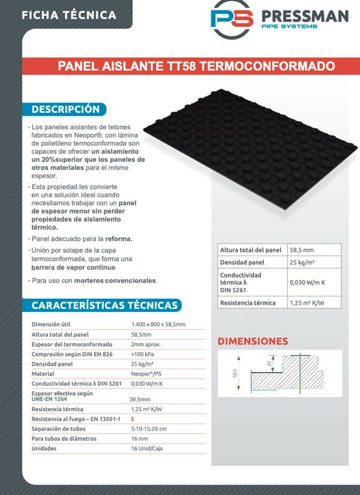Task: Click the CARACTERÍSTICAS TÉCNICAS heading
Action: [x=104, y=305]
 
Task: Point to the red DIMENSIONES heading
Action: [x=252, y=341]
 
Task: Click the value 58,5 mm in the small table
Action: [x=302, y=250]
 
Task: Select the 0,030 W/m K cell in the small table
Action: [x=308, y=281]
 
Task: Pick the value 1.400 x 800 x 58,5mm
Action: [x=158, y=325]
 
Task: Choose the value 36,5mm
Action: [x=140, y=398]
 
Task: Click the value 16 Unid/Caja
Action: [x=146, y=448]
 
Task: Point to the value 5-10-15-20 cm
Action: [x=149, y=428]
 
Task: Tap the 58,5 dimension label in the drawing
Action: [x=235, y=373]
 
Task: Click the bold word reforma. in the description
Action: [x=119, y=239]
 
